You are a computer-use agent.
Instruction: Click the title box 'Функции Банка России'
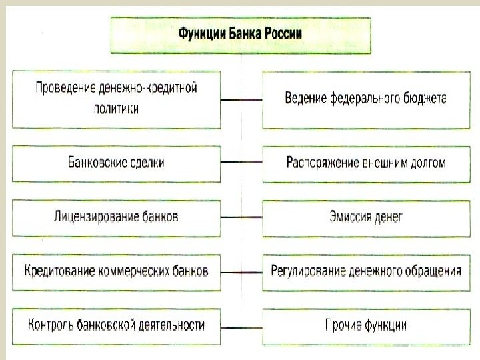tap(240, 34)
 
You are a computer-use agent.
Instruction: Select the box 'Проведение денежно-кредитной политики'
tap(116, 99)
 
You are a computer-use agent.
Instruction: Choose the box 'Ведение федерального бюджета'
tap(365, 99)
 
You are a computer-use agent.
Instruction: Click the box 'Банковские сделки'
tap(116, 162)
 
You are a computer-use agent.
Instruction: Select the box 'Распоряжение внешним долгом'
tap(365, 162)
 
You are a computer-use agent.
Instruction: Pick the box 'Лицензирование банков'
tap(116, 217)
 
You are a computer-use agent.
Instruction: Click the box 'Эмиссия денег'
tap(365, 217)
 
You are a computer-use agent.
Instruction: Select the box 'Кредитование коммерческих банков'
tap(116, 271)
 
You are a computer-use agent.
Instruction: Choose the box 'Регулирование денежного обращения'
tap(365, 271)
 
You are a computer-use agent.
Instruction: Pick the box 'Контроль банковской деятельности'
tap(116, 325)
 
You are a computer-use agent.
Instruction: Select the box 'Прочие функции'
tap(365, 325)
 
